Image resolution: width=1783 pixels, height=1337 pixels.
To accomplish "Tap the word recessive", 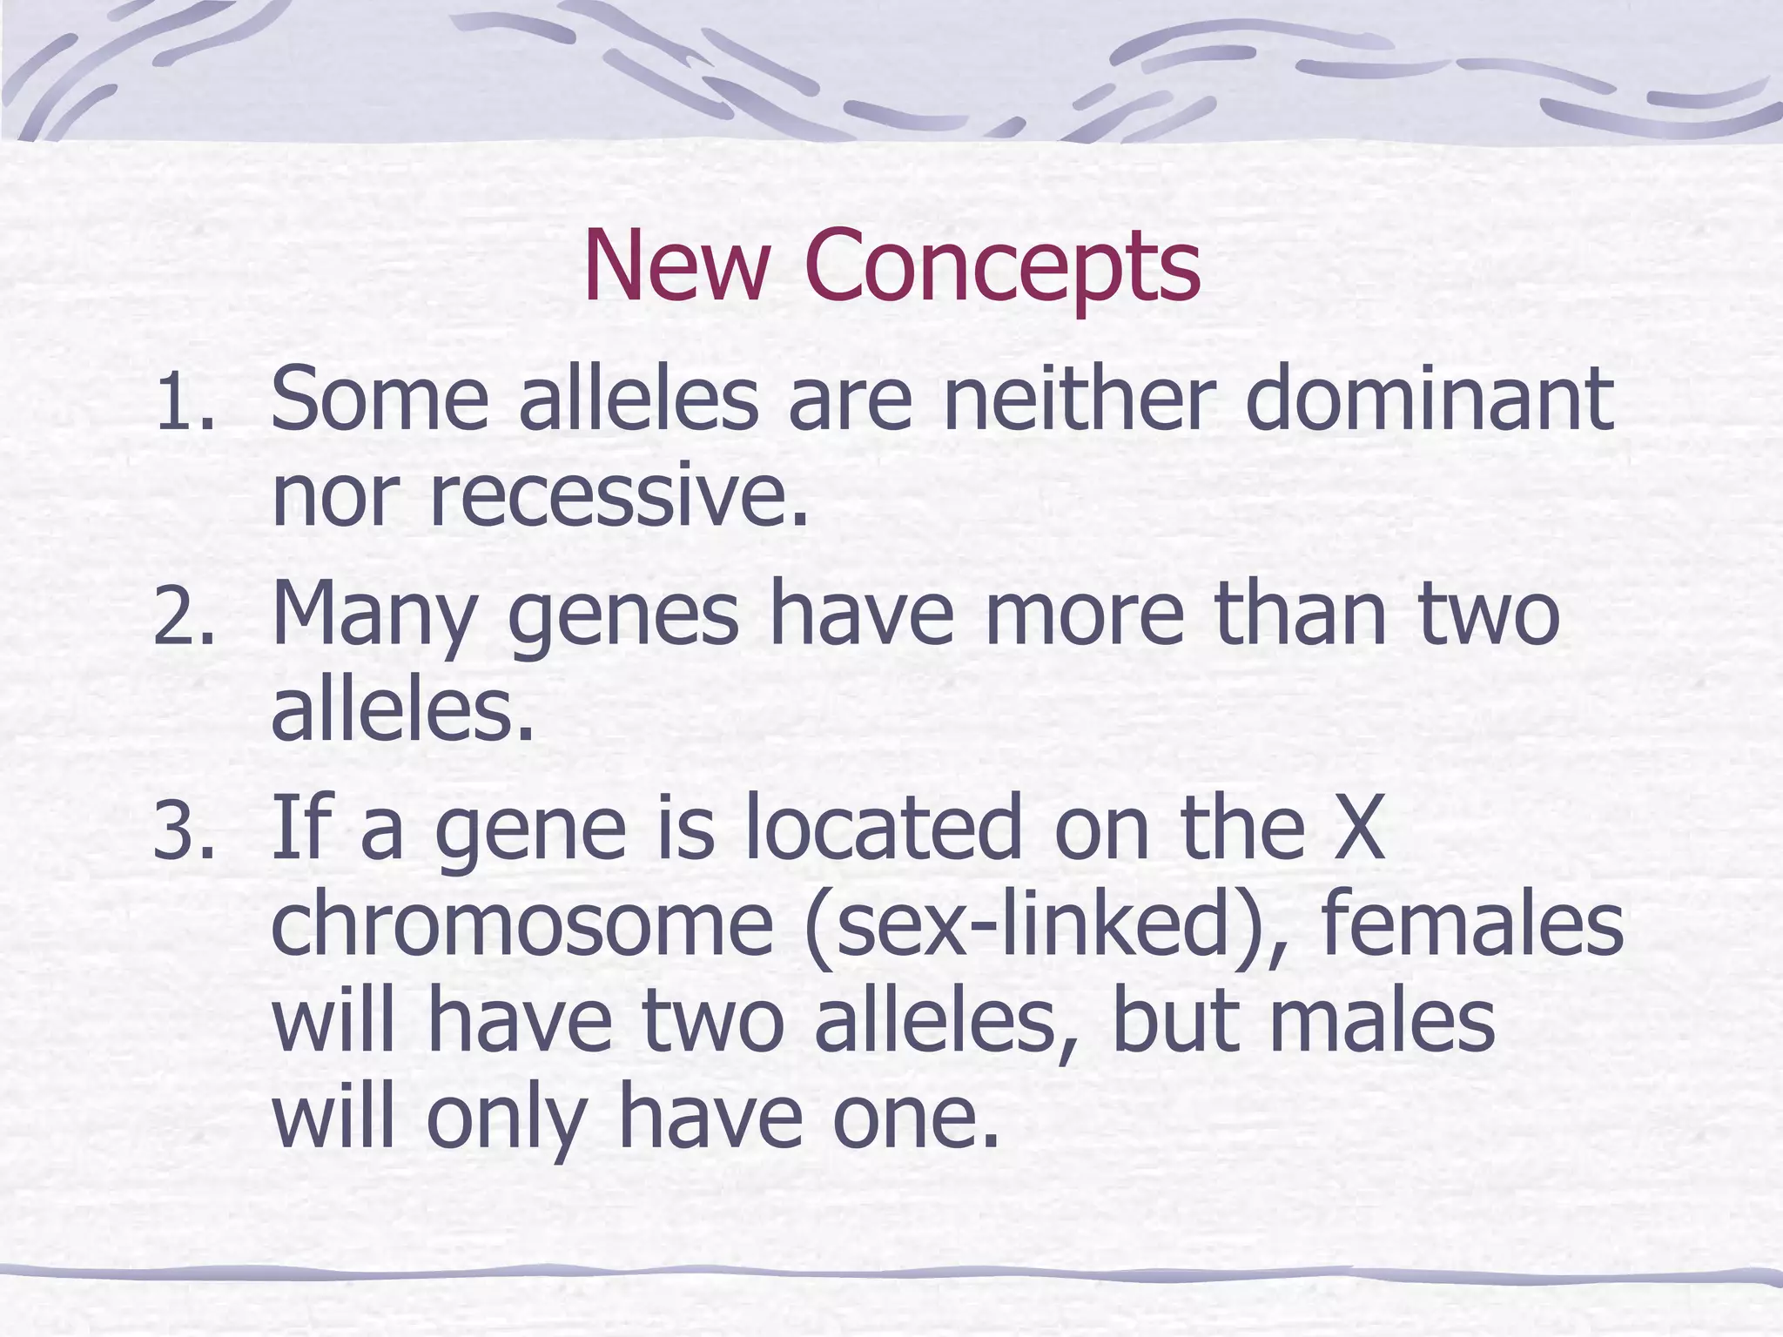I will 618,499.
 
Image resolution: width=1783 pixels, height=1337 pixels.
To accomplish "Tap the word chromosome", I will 522,924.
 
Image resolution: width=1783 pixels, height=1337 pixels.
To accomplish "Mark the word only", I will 505,1121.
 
